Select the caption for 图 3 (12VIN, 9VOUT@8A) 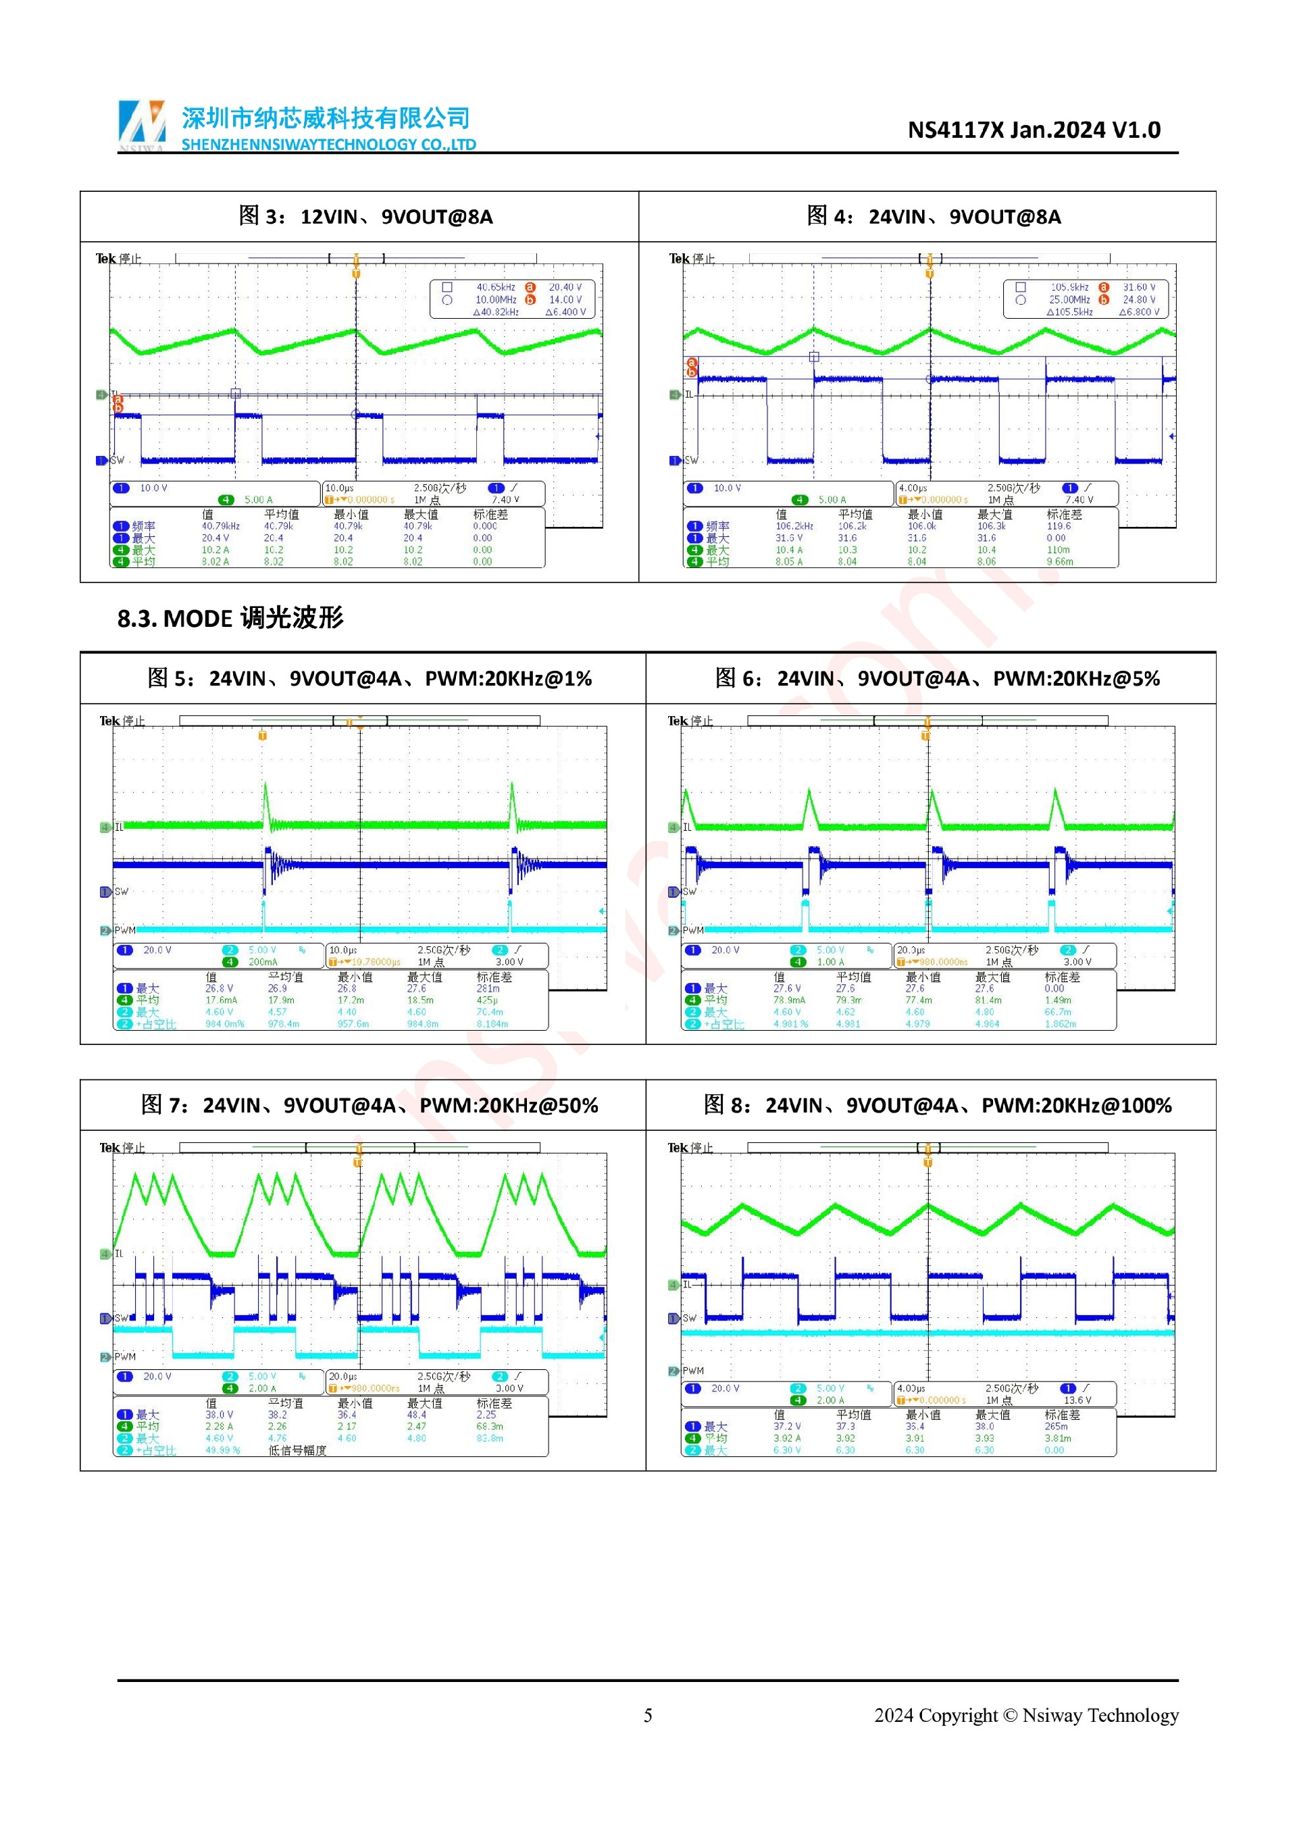[365, 216]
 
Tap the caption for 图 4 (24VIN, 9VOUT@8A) [933, 216]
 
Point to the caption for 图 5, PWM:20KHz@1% [369, 678]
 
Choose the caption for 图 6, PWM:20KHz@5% [937, 678]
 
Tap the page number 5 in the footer [648, 1714]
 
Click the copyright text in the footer [1025, 1714]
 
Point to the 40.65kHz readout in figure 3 [495, 287]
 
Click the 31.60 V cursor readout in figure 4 [1138, 287]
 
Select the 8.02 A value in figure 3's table [215, 561]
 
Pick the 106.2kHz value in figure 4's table [794, 526]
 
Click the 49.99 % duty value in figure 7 [223, 1450]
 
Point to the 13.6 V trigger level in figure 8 [1077, 1400]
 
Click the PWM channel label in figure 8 [692, 1371]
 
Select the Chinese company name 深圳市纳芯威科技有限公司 [325, 118]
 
